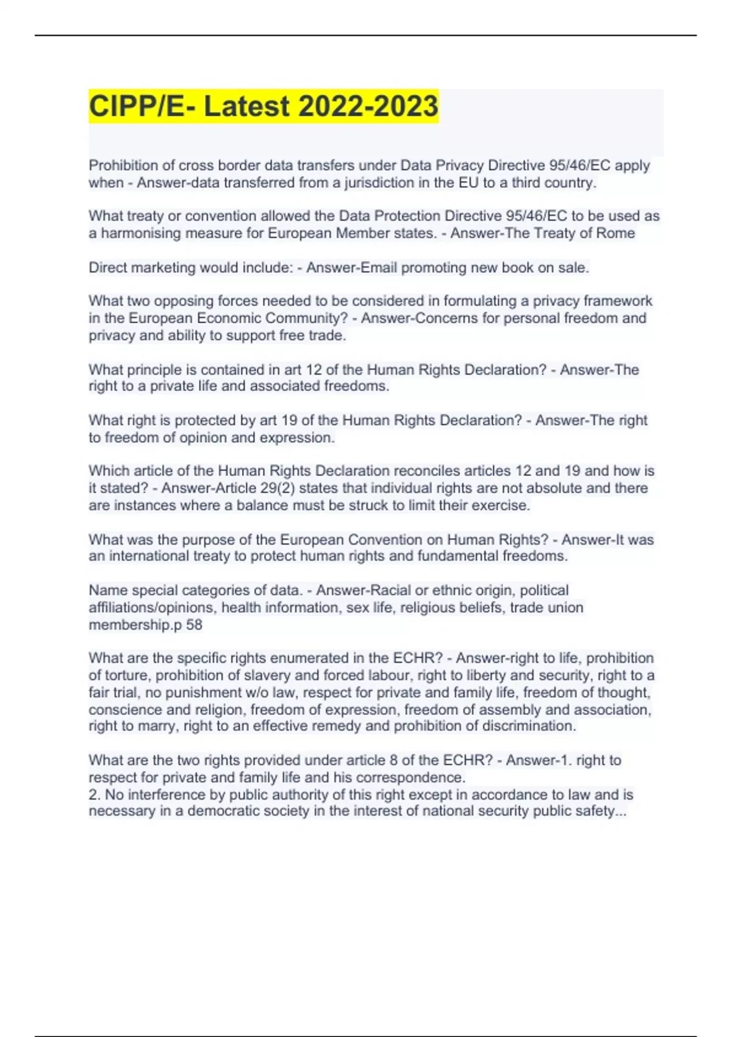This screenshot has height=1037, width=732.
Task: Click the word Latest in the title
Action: tap(246, 106)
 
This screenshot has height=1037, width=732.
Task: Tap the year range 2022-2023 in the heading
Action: tap(368, 106)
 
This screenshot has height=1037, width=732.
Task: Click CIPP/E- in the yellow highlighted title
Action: tap(143, 106)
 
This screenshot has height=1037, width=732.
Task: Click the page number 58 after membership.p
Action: tap(194, 625)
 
